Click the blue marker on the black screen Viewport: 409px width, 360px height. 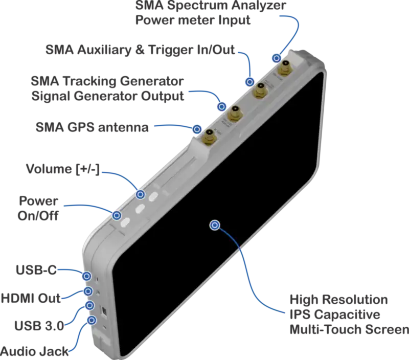[215, 225]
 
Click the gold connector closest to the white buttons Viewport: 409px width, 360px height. [209, 136]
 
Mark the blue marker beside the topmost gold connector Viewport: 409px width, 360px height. [277, 58]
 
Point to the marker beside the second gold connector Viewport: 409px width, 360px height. [250, 82]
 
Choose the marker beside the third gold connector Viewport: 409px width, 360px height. [222, 106]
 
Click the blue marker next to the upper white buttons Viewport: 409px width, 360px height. [141, 194]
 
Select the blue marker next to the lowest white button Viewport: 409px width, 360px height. [117, 216]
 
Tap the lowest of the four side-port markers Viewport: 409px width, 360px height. [92, 321]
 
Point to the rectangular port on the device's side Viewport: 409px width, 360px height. [104, 310]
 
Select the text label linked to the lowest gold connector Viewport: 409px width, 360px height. [92, 126]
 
